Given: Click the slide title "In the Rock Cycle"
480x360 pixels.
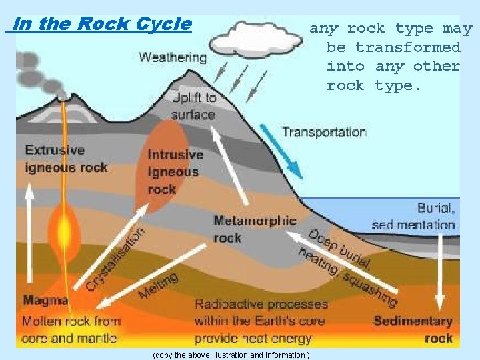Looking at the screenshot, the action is click(101, 25).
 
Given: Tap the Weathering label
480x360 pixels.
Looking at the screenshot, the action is click(173, 57).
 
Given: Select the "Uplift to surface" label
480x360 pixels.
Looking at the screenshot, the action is click(193, 106).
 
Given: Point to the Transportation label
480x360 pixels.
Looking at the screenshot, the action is click(324, 132).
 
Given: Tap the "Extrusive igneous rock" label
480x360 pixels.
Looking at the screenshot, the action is click(66, 159).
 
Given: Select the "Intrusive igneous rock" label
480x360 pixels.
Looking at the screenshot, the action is click(175, 172).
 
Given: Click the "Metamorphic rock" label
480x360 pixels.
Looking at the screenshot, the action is click(255, 229).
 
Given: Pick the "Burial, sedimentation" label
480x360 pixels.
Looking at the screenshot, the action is click(413, 216).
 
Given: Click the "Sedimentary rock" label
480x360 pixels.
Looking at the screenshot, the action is click(413, 330).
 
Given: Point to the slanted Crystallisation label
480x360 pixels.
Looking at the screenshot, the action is click(115, 259).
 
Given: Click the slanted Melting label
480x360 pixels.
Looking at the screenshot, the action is click(159, 285).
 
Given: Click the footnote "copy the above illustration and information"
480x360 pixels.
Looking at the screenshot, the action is click(231, 355).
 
